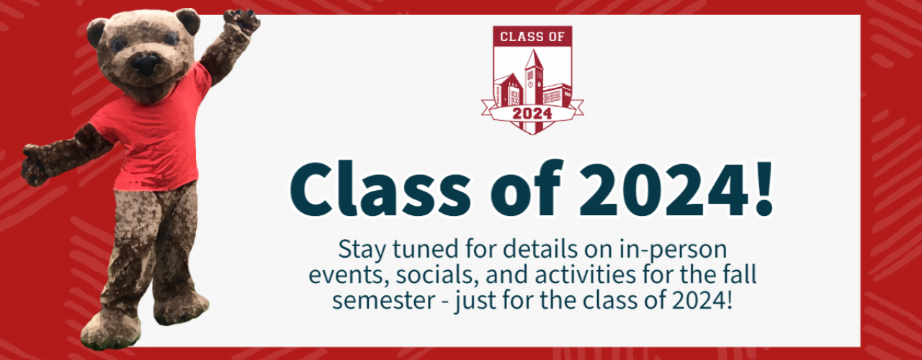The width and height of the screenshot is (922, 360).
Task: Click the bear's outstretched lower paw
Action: pos(34,165)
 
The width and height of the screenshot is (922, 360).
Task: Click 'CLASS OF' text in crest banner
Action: pos(532,37)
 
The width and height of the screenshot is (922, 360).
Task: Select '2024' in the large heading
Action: pos(663,189)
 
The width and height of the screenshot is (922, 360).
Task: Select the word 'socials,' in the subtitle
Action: pos(437,275)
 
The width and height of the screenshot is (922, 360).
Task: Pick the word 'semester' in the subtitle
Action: pos(383,301)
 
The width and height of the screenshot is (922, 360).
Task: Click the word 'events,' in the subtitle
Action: pos(349,276)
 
